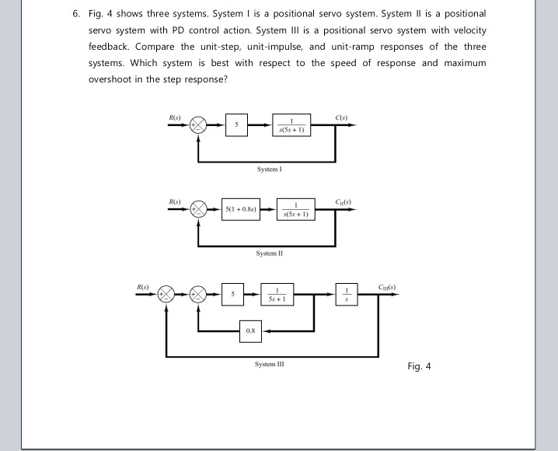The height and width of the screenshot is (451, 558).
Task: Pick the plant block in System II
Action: [x=296, y=209]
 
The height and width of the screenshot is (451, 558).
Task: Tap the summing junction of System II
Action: [x=200, y=209]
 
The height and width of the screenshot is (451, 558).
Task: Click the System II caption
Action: [x=267, y=253]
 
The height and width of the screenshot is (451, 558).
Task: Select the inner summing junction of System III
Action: [x=200, y=294]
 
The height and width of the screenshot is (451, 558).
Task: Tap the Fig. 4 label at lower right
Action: [x=419, y=366]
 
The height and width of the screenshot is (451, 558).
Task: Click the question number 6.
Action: [x=75, y=14]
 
